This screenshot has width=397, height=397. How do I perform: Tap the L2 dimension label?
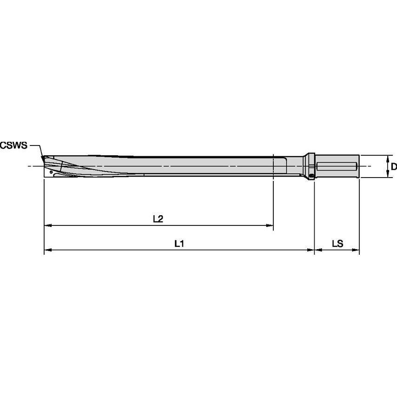[158, 218]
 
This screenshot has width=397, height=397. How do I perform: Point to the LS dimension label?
[337, 243]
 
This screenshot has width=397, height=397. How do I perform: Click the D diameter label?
[393, 166]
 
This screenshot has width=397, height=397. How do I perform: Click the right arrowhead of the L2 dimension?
[270, 226]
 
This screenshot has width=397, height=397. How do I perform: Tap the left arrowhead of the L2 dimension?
[47, 226]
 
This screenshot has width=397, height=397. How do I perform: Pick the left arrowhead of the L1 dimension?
[47, 251]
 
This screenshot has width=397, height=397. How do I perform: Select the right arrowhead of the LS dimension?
[357, 251]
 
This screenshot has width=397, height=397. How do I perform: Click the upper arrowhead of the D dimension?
[389, 158]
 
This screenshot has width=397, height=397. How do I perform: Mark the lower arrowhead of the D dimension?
[389, 175]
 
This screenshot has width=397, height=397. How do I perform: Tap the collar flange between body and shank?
[311, 166]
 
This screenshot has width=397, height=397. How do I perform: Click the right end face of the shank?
[358, 166]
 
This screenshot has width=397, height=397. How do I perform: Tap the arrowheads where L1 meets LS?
[315, 251]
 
